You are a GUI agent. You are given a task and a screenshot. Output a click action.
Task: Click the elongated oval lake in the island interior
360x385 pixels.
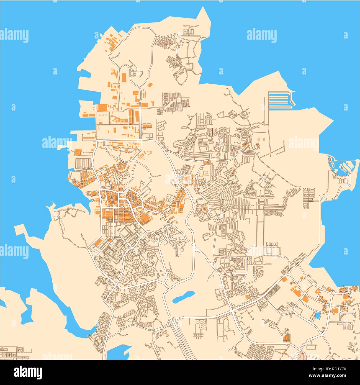click(183, 296)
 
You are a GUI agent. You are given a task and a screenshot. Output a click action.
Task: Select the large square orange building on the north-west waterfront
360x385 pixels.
click(102, 107)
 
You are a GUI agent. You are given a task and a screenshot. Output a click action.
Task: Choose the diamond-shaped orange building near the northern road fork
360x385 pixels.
click(150, 85)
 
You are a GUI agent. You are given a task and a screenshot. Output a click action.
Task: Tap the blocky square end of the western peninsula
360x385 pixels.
click(19, 230)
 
